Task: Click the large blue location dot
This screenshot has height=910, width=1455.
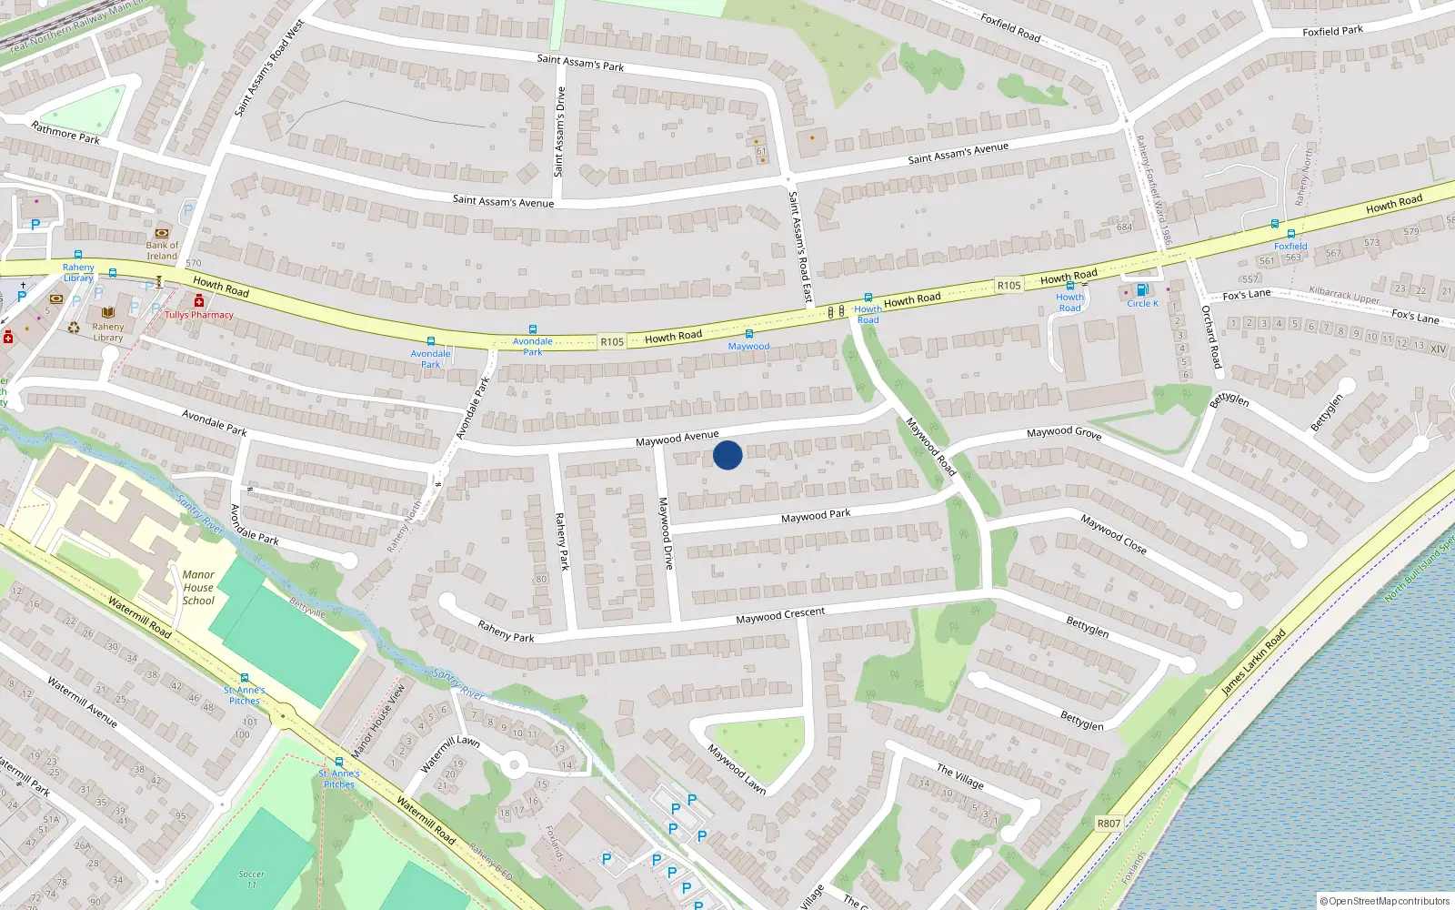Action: point(727,454)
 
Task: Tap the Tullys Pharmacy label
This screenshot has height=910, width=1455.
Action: point(199,315)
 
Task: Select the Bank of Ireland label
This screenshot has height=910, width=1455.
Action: point(162,250)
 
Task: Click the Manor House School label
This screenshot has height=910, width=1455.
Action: point(198,587)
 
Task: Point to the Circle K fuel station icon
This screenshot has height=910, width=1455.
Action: point(1142,290)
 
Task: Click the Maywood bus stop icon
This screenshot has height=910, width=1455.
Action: point(748,334)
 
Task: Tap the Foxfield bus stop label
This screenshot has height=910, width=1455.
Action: point(1290,246)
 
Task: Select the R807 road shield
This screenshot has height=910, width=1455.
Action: point(1109,824)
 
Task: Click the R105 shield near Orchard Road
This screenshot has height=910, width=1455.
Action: point(1008,286)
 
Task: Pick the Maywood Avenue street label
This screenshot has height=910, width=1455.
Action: point(677,439)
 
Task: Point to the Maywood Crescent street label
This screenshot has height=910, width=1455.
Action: point(780,616)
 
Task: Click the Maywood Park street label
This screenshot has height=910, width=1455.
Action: point(816,516)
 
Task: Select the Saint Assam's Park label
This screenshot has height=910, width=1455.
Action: point(580,63)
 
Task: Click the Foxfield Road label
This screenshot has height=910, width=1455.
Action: point(1009,26)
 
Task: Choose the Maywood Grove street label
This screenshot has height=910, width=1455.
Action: point(1064,433)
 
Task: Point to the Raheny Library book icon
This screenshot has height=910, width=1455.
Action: point(108,312)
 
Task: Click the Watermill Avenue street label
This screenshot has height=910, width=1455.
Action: point(82,702)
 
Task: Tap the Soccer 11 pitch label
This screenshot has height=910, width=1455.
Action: point(252,879)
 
